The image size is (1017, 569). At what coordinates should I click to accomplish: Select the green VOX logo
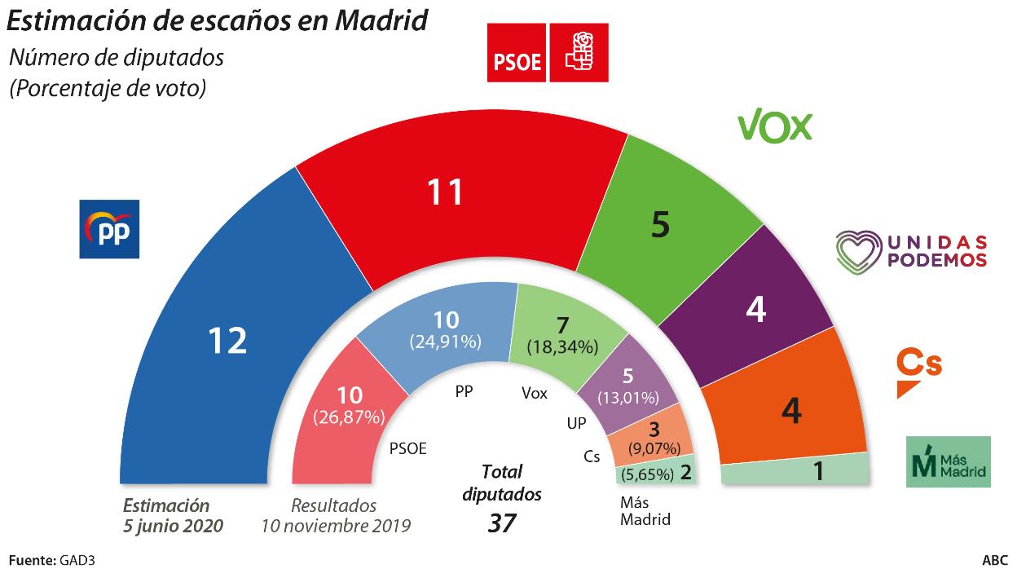(774, 126)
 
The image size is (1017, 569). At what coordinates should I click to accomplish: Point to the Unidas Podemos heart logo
(861, 249)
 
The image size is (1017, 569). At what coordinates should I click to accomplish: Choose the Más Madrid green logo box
(949, 461)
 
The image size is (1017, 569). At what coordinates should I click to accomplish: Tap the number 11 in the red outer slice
(446, 192)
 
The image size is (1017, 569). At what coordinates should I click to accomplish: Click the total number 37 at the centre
(502, 523)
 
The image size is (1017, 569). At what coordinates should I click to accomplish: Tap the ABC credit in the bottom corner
(994, 560)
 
